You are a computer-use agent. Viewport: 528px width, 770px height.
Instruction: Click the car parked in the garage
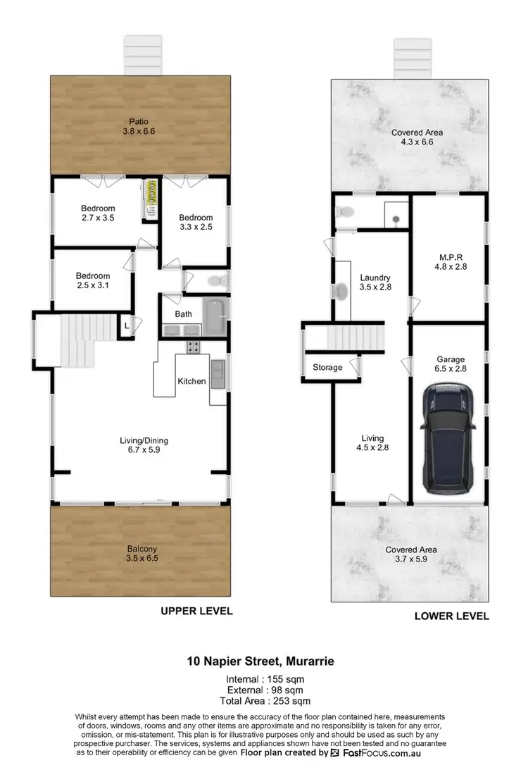coord(449,438)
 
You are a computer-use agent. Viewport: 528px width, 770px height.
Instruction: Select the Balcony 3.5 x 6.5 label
coord(142,552)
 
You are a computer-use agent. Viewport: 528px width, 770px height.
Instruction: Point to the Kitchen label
coord(191,381)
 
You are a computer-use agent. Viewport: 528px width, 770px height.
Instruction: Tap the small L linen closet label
coord(126,326)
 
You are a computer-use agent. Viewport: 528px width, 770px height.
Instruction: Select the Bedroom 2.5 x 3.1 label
coord(93,280)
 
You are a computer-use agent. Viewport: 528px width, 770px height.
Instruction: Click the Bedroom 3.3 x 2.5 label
coord(195,222)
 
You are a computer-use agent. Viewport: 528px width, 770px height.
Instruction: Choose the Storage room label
coord(327,367)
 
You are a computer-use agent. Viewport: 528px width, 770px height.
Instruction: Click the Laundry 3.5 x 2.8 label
coord(374,282)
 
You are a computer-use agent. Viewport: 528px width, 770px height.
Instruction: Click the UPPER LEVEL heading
coord(196,611)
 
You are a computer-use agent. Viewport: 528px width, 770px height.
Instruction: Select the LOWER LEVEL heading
coord(451,616)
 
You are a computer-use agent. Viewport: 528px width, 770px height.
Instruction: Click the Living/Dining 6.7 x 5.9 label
coord(144,446)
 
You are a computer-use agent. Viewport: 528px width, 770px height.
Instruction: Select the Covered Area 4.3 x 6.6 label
coord(417,137)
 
